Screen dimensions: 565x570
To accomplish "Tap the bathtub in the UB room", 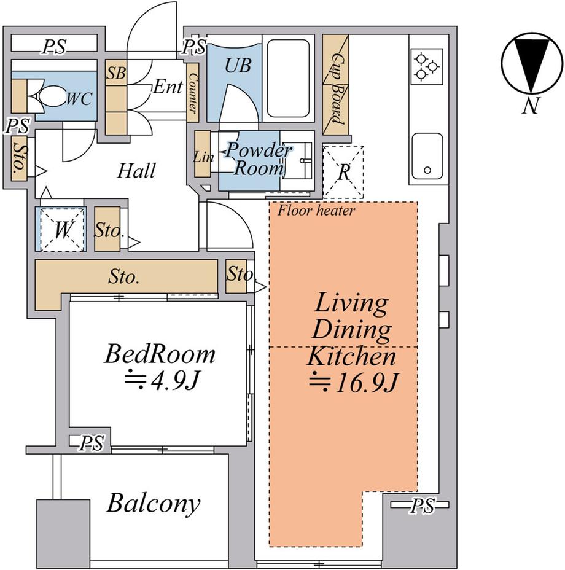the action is (x=288, y=78).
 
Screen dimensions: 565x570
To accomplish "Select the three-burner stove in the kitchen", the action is (x=427, y=66).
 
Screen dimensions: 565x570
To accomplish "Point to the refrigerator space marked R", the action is (x=343, y=173).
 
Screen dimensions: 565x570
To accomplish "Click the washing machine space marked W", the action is (x=61, y=229).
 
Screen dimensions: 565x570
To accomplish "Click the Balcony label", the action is (x=153, y=503).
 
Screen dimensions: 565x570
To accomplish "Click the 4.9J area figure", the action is (x=161, y=380).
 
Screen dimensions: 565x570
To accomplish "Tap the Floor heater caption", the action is (x=316, y=211).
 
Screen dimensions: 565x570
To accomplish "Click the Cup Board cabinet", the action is (x=335, y=85).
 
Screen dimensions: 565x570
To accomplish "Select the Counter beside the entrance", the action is (x=193, y=93).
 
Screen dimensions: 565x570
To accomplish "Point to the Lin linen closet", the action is (x=202, y=154).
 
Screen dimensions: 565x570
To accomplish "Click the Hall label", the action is (x=136, y=170).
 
